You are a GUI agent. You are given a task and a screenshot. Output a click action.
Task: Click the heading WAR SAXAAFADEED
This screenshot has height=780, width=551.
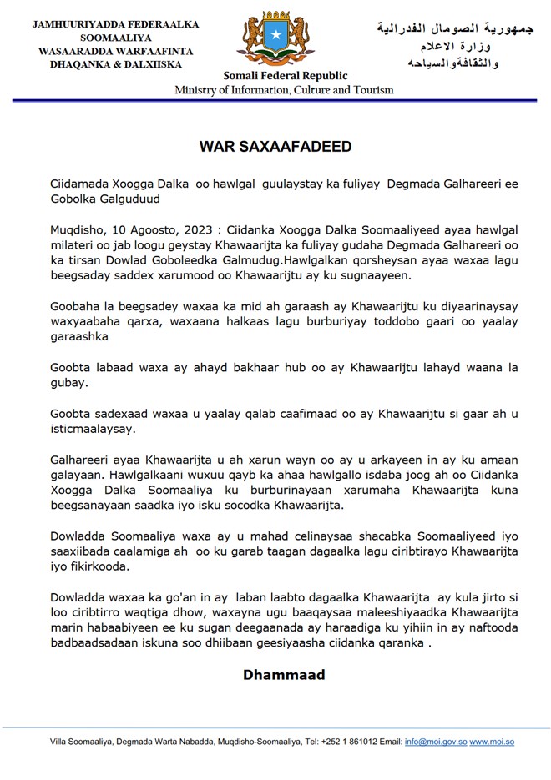point(275,147)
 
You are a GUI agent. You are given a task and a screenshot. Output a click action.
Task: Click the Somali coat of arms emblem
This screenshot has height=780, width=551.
point(275,38)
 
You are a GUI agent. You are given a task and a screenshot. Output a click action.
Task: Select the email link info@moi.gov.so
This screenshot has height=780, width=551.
point(435,742)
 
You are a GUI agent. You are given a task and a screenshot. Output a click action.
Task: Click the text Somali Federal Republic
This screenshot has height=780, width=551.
point(275,76)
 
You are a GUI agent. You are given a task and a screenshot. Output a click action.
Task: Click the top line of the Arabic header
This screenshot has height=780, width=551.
point(453,28)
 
